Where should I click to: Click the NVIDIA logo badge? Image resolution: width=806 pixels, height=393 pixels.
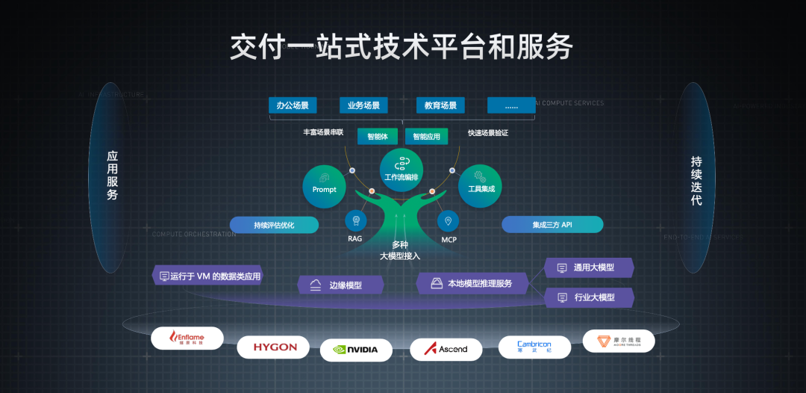(356, 349)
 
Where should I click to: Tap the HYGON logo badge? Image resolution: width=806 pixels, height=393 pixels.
(274, 347)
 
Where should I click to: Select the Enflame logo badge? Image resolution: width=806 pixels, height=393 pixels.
(187, 338)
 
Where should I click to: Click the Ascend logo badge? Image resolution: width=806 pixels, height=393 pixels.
(446, 349)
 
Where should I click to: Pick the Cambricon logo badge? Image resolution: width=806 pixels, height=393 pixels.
(534, 347)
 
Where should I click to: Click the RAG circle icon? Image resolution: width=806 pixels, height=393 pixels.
(355, 221)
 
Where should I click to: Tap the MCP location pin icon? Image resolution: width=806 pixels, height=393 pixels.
(448, 221)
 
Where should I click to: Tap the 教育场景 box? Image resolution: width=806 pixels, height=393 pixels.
(440, 105)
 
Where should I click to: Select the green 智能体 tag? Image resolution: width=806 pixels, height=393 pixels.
(378, 136)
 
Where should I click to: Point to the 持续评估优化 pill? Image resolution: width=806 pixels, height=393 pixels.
(274, 225)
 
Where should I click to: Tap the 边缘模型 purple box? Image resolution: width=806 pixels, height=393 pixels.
(340, 285)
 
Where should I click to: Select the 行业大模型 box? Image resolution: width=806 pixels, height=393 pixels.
(589, 297)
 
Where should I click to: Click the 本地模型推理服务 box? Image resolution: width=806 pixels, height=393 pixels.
(472, 283)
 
